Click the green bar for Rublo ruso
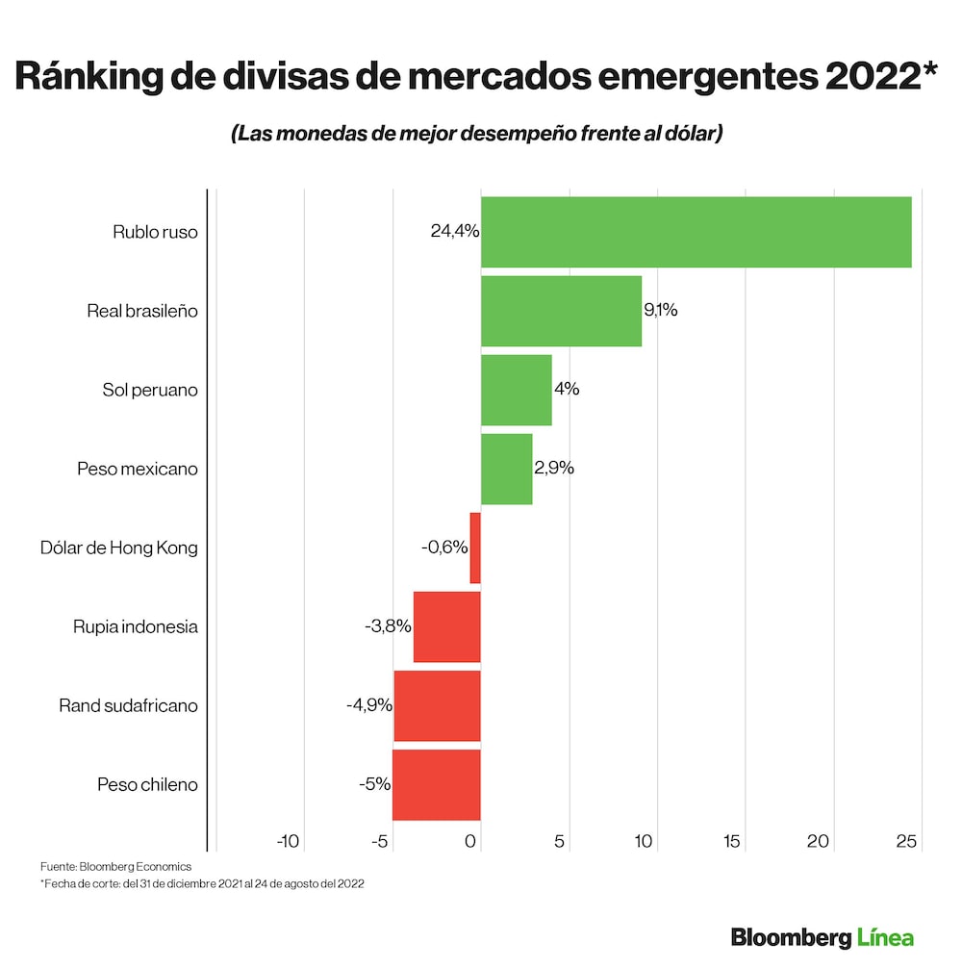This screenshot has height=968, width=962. (696, 232)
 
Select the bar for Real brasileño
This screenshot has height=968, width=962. (561, 311)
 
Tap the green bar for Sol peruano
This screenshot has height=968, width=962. (516, 390)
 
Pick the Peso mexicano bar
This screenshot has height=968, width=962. (506, 469)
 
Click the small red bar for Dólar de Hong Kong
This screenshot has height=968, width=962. (475, 548)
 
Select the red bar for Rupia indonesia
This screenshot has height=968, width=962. (446, 626)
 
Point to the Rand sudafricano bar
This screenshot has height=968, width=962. (437, 705)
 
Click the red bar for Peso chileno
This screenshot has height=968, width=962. (436, 784)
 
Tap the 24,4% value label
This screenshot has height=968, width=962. (454, 232)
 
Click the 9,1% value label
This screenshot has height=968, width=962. (660, 311)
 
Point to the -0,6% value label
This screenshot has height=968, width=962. (444, 548)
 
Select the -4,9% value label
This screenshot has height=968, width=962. (369, 705)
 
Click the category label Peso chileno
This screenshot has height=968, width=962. (147, 784)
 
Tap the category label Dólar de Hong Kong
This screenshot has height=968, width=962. (118, 548)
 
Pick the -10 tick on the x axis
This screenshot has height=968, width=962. (288, 841)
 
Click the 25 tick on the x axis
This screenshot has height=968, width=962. (905, 841)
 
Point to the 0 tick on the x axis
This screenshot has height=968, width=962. (471, 841)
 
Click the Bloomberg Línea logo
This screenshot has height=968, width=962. (822, 936)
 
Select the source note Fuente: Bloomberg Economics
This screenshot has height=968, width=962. (115, 866)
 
